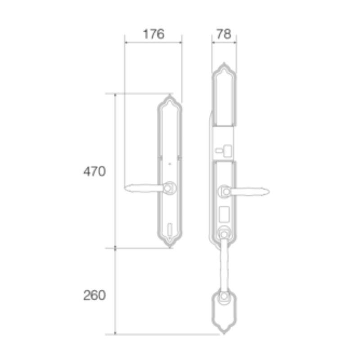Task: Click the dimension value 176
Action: click(x=153, y=34)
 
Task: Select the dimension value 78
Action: click(x=224, y=34)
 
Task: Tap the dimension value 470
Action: click(x=94, y=171)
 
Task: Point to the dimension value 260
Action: click(x=94, y=295)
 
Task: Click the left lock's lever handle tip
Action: click(x=126, y=188)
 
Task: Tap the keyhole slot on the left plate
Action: click(x=170, y=229)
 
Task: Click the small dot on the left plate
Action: click(x=170, y=164)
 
